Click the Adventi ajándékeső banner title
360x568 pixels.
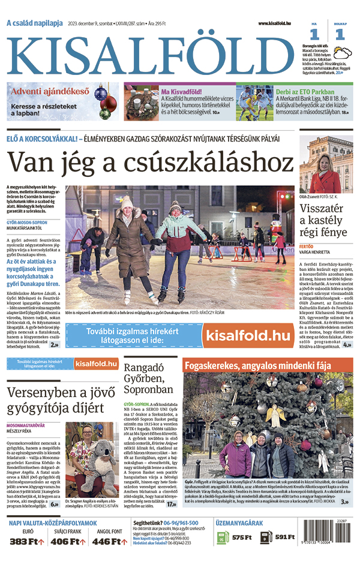(x=49, y=92)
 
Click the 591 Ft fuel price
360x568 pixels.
(x=284, y=537)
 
